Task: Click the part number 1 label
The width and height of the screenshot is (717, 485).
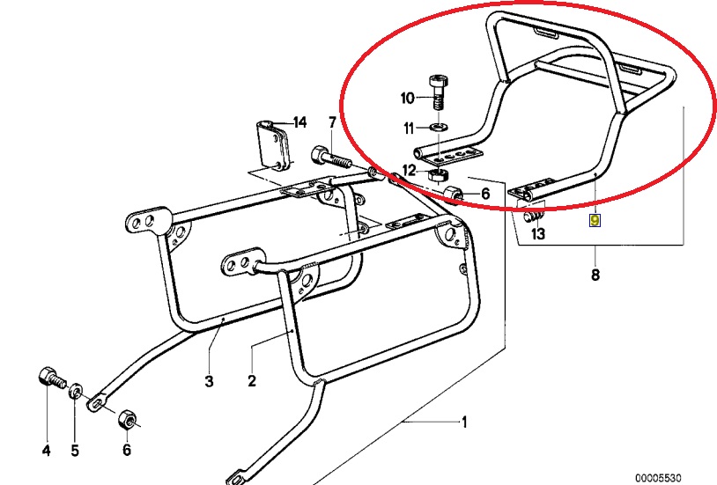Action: tap(463, 423)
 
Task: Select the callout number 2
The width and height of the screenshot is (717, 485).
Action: tap(251, 381)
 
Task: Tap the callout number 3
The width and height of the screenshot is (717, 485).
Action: tap(209, 381)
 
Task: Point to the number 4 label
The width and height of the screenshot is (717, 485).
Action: tap(46, 451)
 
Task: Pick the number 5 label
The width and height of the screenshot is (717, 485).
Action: tap(75, 451)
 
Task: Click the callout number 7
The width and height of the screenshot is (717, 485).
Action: tap(332, 121)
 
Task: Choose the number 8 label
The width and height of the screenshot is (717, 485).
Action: tap(595, 276)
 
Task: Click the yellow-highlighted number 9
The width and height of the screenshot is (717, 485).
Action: tap(595, 219)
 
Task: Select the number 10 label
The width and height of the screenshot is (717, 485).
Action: tap(407, 97)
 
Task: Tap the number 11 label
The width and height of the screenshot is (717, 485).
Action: tap(409, 129)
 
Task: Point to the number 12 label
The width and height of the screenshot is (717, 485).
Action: tap(409, 170)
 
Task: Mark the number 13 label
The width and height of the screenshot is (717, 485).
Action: tap(538, 234)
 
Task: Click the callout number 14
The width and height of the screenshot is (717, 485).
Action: tap(299, 121)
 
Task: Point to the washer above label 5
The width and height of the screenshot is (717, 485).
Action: tap(77, 387)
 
